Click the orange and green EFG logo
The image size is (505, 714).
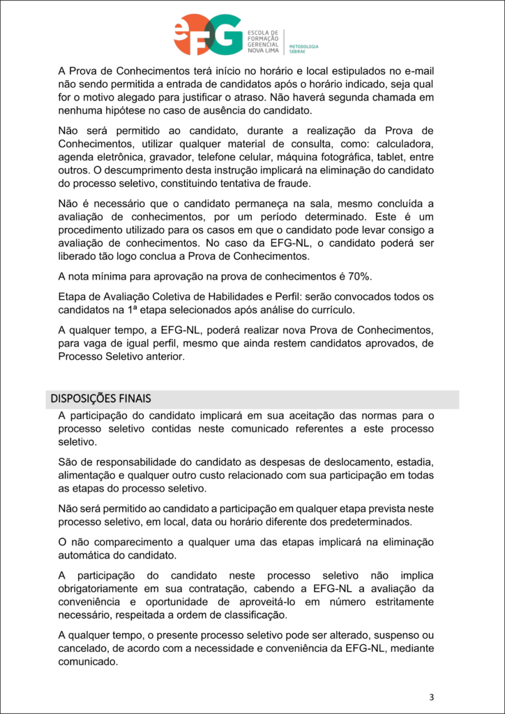pyautogui.click(x=208, y=34)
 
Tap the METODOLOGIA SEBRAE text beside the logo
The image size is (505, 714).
pyautogui.click(x=303, y=50)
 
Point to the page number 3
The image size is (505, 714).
pyautogui.click(x=432, y=697)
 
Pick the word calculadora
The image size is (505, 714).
pyautogui.click(x=404, y=144)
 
